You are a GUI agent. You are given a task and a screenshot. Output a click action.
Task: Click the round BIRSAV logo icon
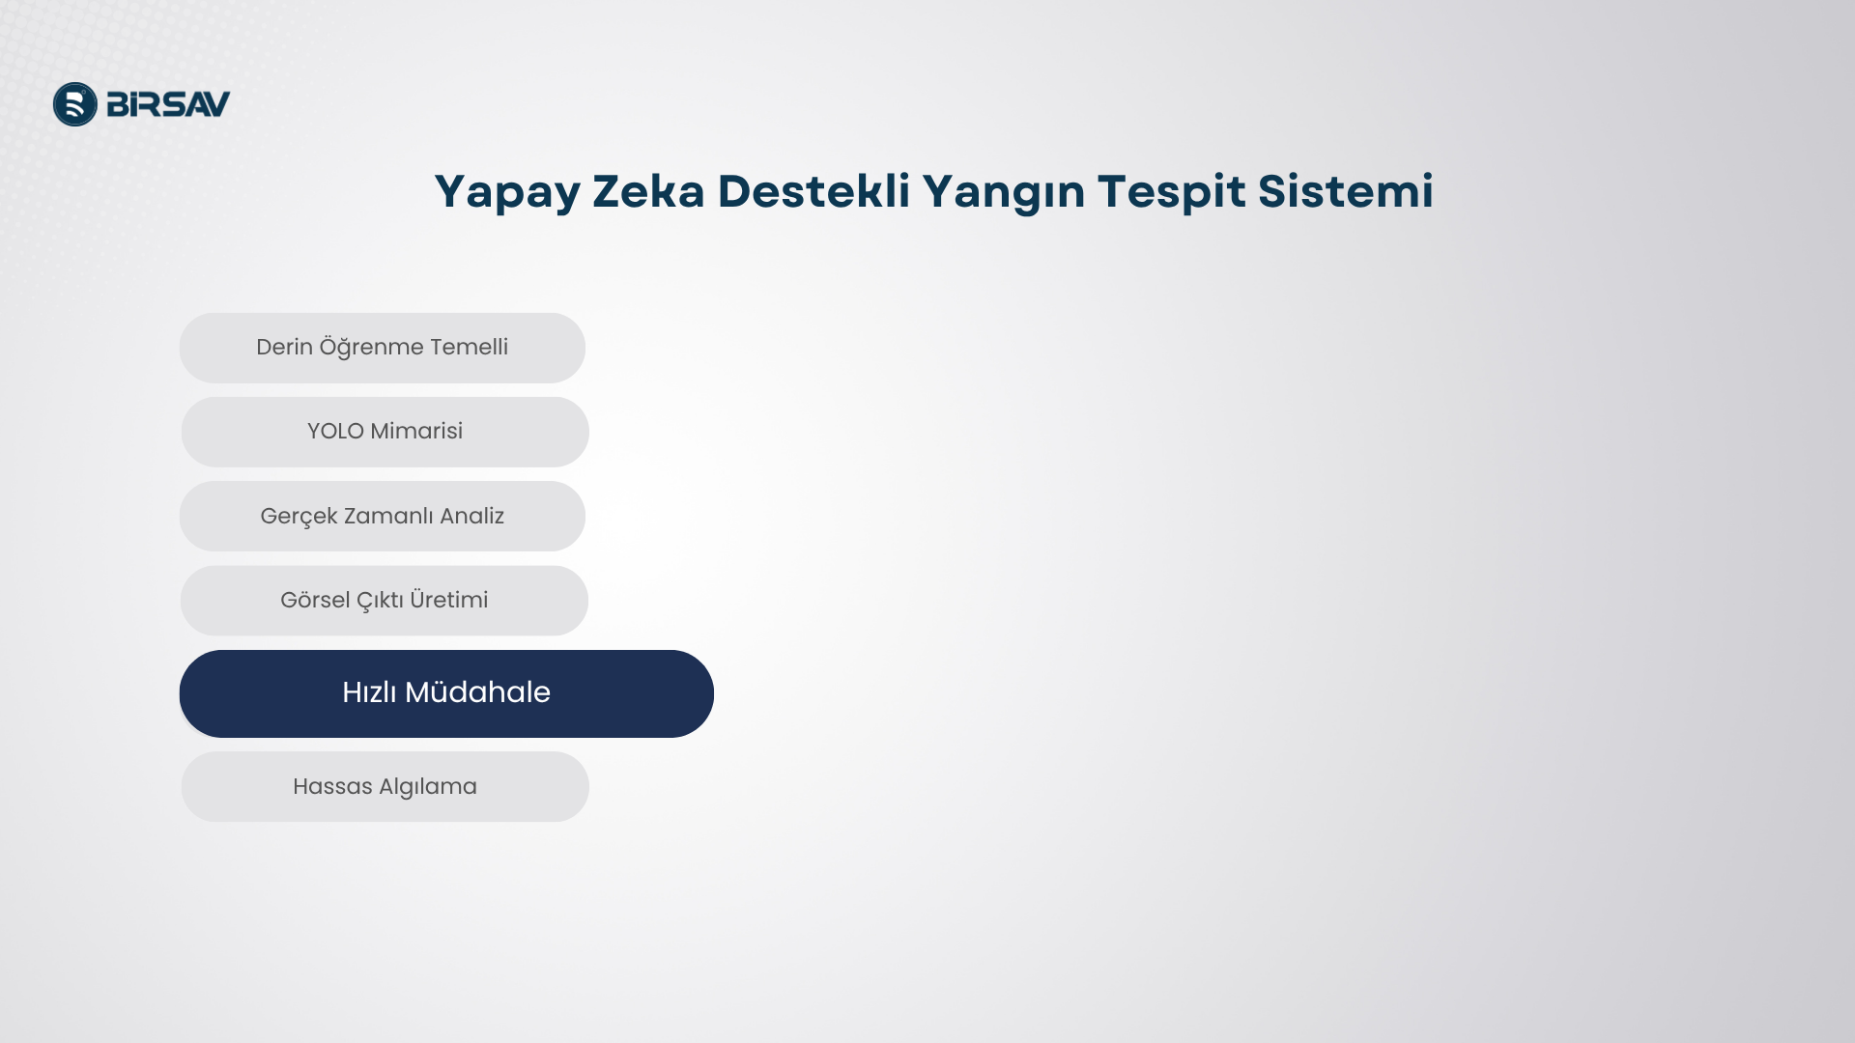click(x=75, y=104)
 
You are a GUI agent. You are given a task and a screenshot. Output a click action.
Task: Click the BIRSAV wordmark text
click(x=168, y=104)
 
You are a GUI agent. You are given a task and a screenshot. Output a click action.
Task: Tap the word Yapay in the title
click(x=507, y=193)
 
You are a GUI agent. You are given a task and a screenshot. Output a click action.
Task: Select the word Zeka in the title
click(x=649, y=191)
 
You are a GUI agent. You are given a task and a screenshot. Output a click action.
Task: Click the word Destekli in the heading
click(x=813, y=191)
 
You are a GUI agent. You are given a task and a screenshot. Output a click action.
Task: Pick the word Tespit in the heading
click(x=1172, y=193)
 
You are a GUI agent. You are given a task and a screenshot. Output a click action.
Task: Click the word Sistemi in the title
click(x=1346, y=191)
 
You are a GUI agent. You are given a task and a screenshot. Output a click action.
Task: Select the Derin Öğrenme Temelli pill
click(x=383, y=348)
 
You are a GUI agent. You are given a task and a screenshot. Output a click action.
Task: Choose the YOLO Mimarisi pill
click(x=385, y=432)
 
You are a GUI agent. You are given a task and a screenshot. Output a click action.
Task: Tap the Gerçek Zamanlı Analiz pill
click(x=383, y=517)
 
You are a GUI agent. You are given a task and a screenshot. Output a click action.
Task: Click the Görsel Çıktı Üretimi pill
click(x=385, y=601)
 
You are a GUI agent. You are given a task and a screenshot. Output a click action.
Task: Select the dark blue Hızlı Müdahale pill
click(x=446, y=693)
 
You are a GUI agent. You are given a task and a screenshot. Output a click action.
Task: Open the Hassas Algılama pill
click(x=385, y=787)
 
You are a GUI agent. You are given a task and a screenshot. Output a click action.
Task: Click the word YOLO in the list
click(x=335, y=432)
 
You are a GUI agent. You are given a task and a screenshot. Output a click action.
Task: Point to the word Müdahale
click(x=477, y=692)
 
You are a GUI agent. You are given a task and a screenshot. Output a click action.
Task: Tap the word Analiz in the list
click(x=471, y=517)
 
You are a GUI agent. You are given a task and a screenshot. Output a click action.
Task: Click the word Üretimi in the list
click(x=448, y=600)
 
